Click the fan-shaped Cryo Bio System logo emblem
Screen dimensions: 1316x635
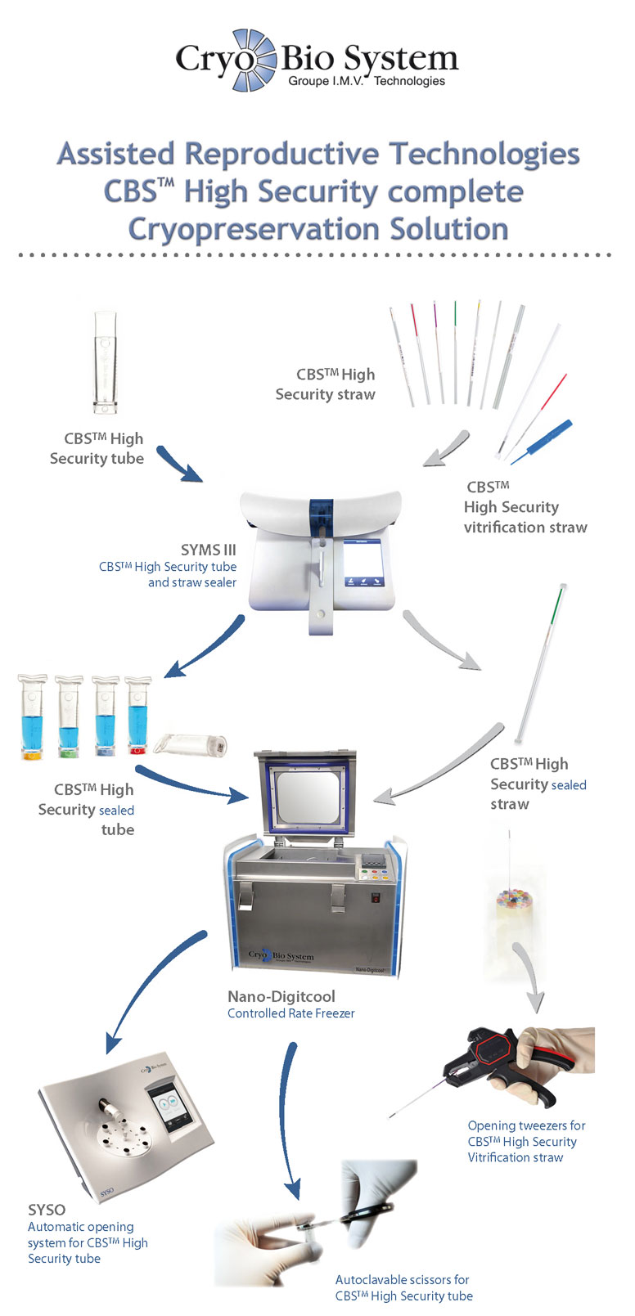click(x=253, y=59)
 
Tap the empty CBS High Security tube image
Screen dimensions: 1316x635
click(x=106, y=362)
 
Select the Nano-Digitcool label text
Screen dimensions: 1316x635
click(x=281, y=996)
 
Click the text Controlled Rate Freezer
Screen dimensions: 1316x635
click(x=290, y=1013)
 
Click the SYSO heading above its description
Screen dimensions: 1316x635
click(x=47, y=1210)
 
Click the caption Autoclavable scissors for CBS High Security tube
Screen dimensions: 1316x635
click(x=403, y=1287)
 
